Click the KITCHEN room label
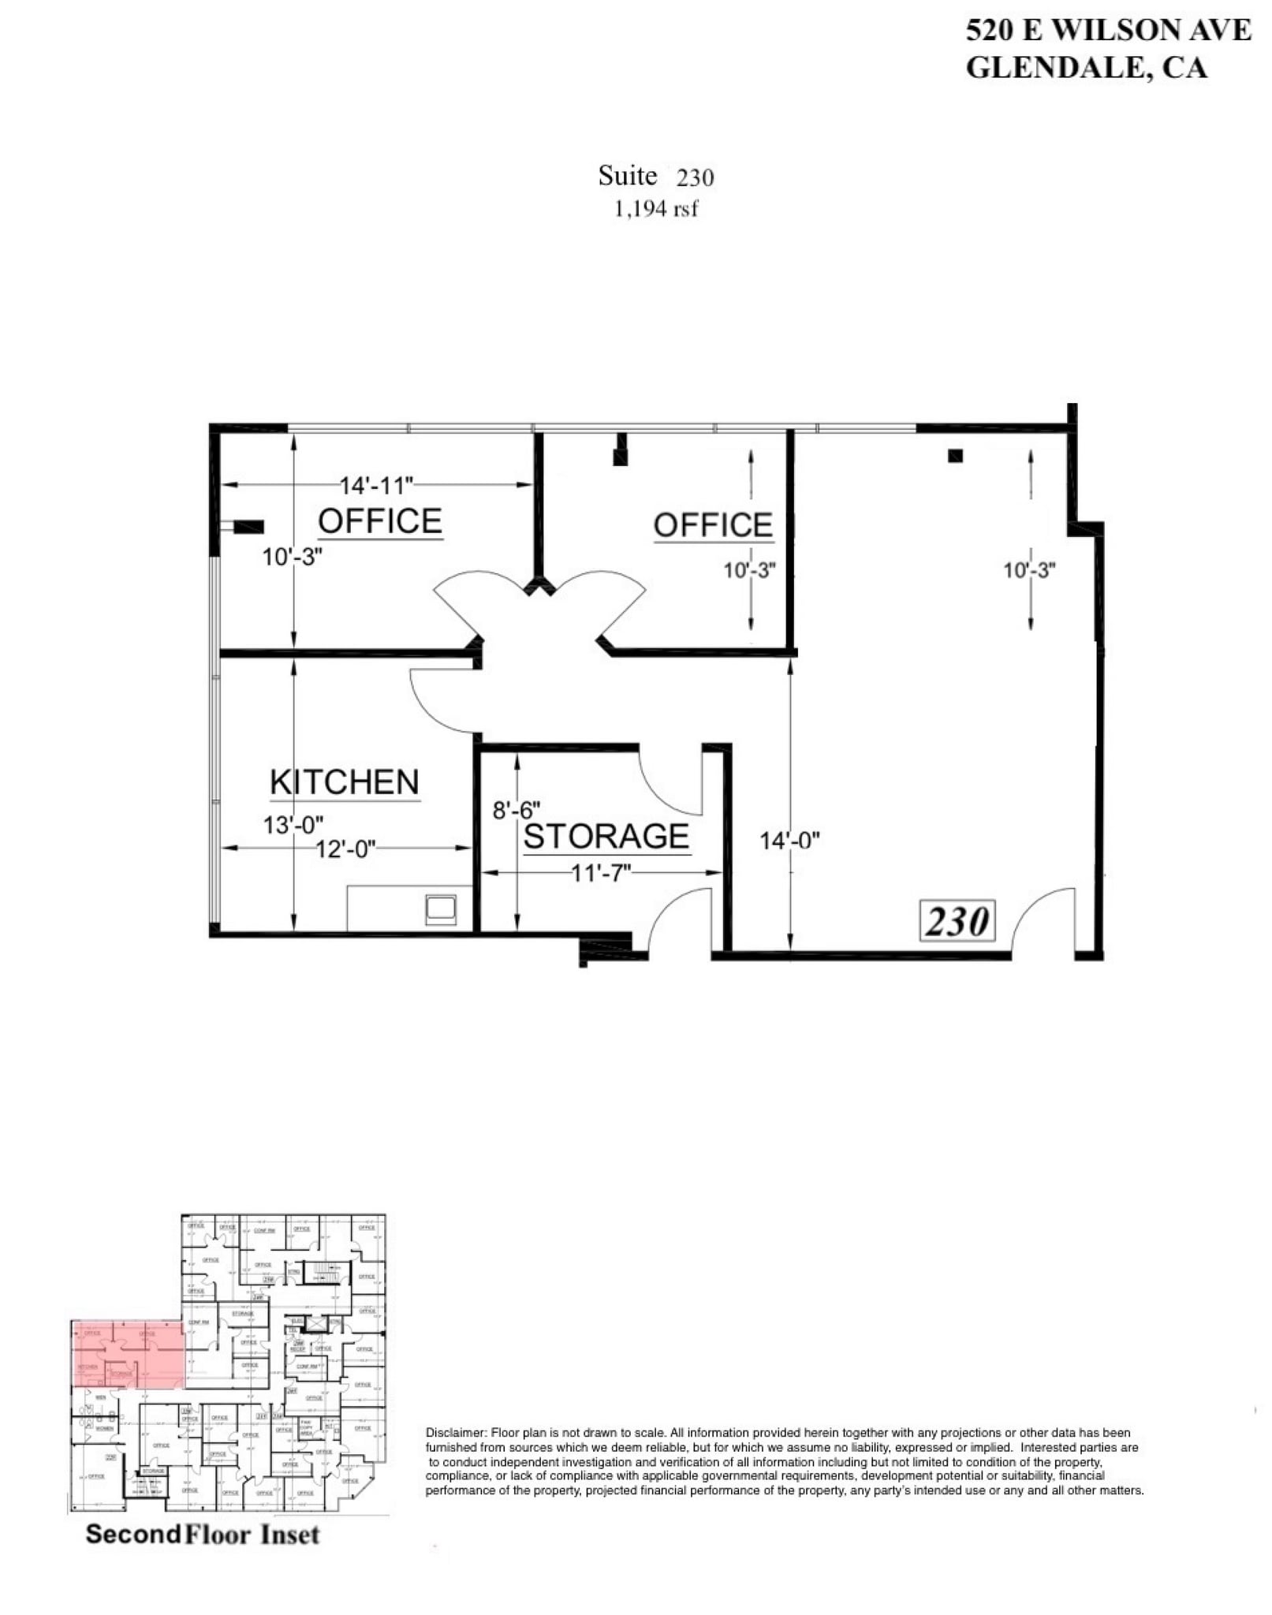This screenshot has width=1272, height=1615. pyautogui.click(x=344, y=782)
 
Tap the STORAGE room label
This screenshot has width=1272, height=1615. pyautogui.click(x=606, y=837)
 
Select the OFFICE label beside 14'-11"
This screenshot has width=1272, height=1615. pyautogui.click(x=379, y=521)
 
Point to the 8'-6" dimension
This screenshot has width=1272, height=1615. pyautogui.click(x=517, y=810)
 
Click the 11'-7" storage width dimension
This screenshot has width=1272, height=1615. pyautogui.click(x=602, y=873)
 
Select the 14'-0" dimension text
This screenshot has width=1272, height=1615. pyautogui.click(x=789, y=841)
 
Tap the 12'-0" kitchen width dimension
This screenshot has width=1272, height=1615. pyautogui.click(x=345, y=849)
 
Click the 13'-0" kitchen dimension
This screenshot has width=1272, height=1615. pyautogui.click(x=293, y=826)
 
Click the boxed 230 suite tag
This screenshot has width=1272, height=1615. pyautogui.click(x=957, y=921)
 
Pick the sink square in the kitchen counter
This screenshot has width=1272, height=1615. pyautogui.click(x=441, y=909)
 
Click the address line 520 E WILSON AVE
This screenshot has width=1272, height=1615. pyautogui.click(x=1108, y=30)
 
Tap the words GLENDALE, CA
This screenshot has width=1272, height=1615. pyautogui.click(x=1086, y=68)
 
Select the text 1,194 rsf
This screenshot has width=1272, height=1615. pyautogui.click(x=656, y=209)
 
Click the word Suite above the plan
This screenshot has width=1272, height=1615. pyautogui.click(x=627, y=175)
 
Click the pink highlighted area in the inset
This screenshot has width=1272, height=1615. pyautogui.click(x=129, y=1353)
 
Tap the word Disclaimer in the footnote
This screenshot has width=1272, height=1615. pyautogui.click(x=455, y=1432)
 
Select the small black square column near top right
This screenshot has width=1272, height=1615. pyautogui.click(x=955, y=455)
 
